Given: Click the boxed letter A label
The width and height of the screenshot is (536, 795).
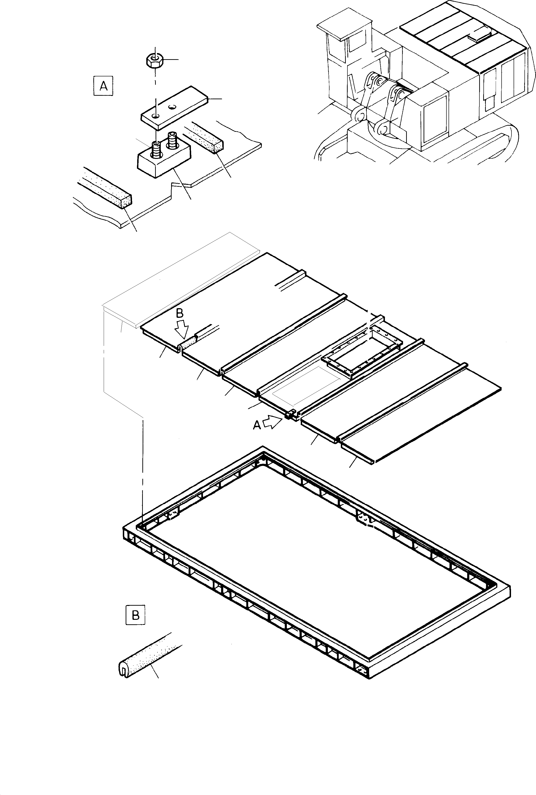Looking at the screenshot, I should pos(103,86).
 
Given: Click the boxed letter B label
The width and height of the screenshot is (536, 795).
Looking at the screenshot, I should pos(135,616).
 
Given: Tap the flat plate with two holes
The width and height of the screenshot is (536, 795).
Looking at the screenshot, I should pos(174,108).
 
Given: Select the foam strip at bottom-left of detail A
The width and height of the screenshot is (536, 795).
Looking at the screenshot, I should pos(106,187).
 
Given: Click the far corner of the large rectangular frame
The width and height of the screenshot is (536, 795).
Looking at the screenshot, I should pos(263,448).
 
